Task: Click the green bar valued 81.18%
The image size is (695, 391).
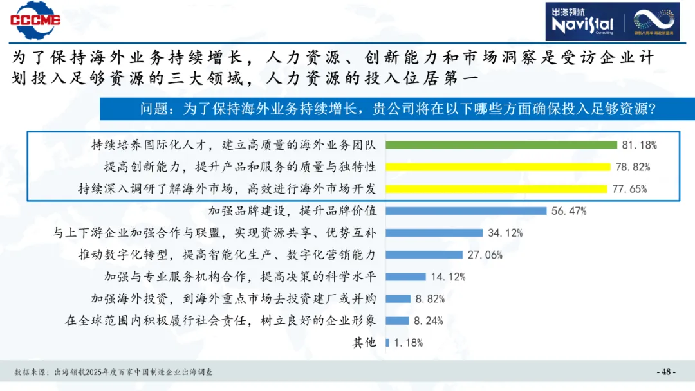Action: [x=501, y=145]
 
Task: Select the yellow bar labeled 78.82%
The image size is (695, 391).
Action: [x=497, y=167]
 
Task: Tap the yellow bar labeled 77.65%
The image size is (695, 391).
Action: [x=496, y=189]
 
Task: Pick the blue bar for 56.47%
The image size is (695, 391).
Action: [x=465, y=211]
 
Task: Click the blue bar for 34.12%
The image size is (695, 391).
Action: [x=434, y=233]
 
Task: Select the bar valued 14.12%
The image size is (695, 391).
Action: [x=405, y=277]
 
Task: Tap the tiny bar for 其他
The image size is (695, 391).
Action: [x=387, y=343]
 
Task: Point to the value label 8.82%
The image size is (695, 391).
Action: [x=430, y=299]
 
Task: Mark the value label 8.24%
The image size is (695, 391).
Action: [x=429, y=321]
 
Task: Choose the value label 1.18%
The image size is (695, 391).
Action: [x=408, y=343]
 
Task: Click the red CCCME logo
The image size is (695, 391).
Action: [x=35, y=20]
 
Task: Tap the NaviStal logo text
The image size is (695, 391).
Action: [x=583, y=24]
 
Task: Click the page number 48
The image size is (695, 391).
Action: [x=665, y=372]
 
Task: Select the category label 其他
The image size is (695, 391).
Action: [x=364, y=343]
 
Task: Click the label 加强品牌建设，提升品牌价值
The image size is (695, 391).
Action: [x=293, y=211]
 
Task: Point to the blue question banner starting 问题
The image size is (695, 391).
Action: [x=397, y=109]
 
